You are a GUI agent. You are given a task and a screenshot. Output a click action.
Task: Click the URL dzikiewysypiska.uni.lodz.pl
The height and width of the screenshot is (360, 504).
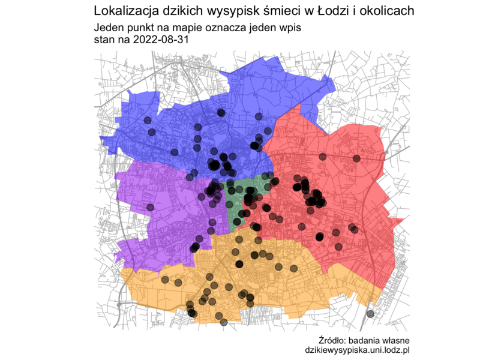coord(358,350)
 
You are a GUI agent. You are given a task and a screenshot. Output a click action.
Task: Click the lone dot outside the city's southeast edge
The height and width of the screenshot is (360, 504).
coord(370,313)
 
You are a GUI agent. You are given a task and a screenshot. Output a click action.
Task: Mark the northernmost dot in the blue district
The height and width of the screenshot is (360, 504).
coord(222,112)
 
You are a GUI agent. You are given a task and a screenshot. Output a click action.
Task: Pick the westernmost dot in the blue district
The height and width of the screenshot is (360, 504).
coord(146,121)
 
